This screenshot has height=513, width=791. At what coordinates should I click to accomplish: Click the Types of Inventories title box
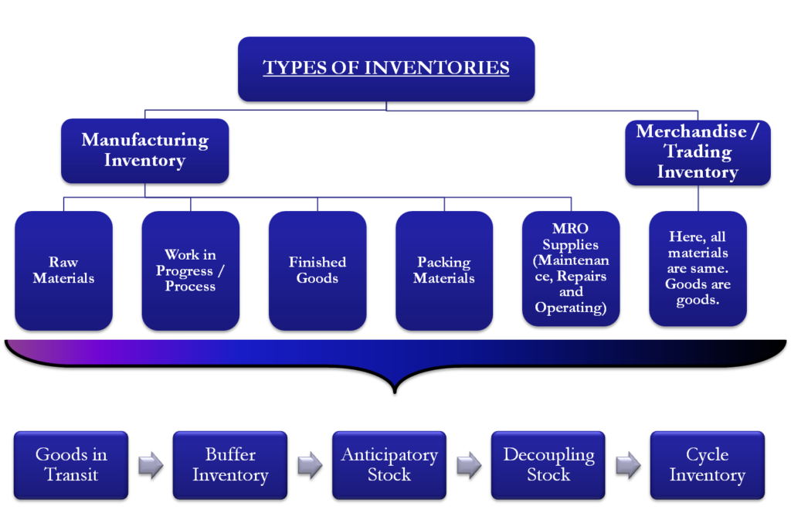386,69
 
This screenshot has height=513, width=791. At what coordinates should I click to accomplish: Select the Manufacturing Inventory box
145,151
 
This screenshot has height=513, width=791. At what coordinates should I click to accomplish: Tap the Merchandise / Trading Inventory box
698,151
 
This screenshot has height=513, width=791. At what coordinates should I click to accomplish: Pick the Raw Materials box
64,270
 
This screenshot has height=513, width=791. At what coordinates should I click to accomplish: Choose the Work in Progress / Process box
191,270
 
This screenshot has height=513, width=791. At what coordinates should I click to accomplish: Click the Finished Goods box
317,270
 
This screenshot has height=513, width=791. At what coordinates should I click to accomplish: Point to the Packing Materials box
444,270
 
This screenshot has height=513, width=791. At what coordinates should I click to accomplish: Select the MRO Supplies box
571,269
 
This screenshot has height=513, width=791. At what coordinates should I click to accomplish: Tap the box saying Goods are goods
698,269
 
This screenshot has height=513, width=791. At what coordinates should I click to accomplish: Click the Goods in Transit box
71,464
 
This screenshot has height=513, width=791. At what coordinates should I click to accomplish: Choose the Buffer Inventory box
230,464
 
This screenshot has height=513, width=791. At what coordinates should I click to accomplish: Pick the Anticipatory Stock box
389,464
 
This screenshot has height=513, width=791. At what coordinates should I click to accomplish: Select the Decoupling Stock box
548,464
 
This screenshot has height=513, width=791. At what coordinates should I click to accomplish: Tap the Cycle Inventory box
707,464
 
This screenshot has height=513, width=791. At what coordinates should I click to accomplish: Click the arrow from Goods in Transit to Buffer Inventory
151,465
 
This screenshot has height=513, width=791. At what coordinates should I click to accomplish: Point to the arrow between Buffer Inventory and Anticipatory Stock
310,465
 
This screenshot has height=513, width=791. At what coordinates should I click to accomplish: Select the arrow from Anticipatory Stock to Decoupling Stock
469,465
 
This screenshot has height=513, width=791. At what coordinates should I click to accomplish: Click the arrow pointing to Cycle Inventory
628,465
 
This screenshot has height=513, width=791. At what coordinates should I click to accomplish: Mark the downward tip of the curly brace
395,382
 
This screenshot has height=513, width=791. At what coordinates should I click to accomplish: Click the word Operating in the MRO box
571,307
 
